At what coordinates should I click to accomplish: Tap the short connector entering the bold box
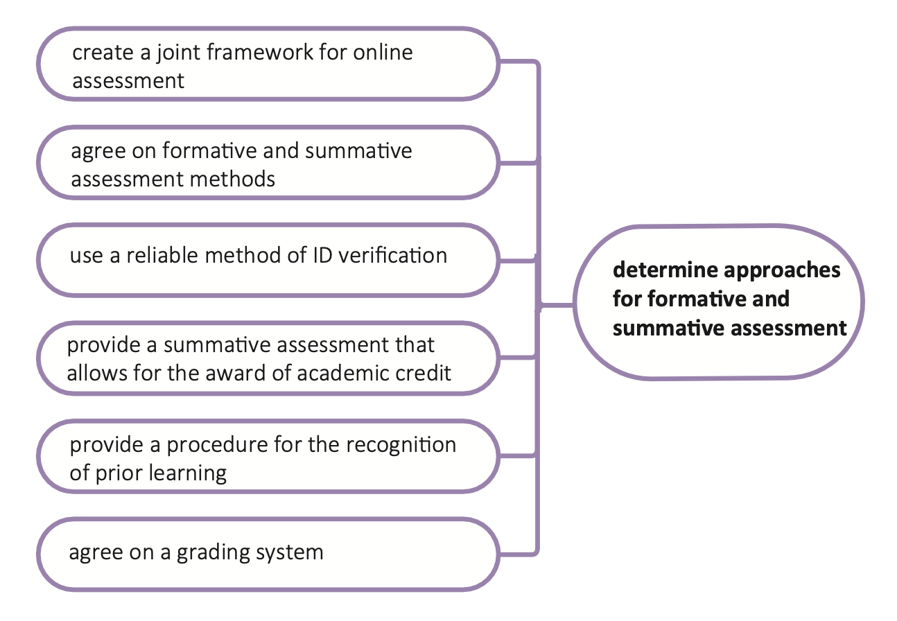click(x=557, y=304)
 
